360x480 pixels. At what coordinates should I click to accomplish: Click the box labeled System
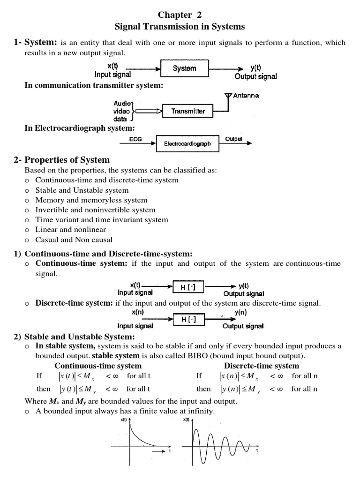point(184,68)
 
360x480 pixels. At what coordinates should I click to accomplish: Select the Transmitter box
point(188,112)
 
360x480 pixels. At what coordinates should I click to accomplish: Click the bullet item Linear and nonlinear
point(70,230)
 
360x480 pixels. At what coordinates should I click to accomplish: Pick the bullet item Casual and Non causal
point(74,240)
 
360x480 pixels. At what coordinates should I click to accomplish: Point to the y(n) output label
point(240,312)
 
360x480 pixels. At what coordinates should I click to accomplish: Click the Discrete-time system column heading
point(261,366)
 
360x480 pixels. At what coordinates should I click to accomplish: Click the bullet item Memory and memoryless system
point(91,200)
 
